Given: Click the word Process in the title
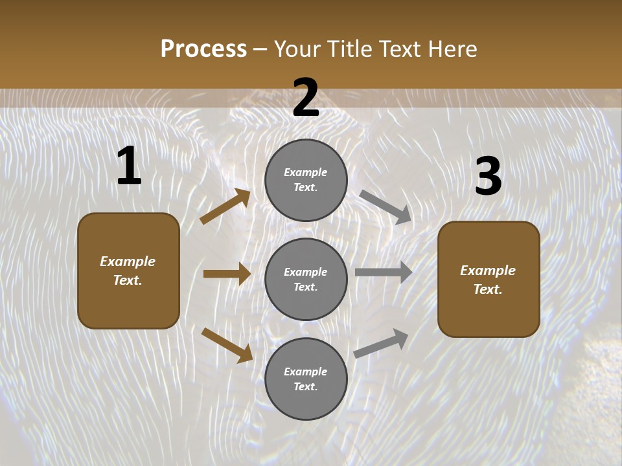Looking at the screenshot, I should (203, 49).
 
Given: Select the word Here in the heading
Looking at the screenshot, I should (452, 49).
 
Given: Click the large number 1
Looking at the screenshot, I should (129, 166).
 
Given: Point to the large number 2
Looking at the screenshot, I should (306, 98).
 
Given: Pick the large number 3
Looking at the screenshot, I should (488, 177).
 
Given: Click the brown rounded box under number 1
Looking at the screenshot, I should (128, 271).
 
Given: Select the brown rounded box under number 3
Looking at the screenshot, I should (489, 279).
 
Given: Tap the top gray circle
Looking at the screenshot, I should (306, 180).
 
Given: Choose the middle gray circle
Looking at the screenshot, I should (306, 279).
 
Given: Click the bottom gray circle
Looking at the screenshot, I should (306, 379).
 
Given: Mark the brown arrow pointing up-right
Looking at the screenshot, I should (225, 206).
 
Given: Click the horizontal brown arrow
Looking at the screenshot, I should (227, 274).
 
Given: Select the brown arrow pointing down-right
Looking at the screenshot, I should (227, 345).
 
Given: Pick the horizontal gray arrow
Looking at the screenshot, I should (384, 272).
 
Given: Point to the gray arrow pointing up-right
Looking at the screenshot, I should (381, 344).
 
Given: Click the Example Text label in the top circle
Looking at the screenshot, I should (306, 180).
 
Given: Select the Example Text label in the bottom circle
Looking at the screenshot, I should (306, 379).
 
